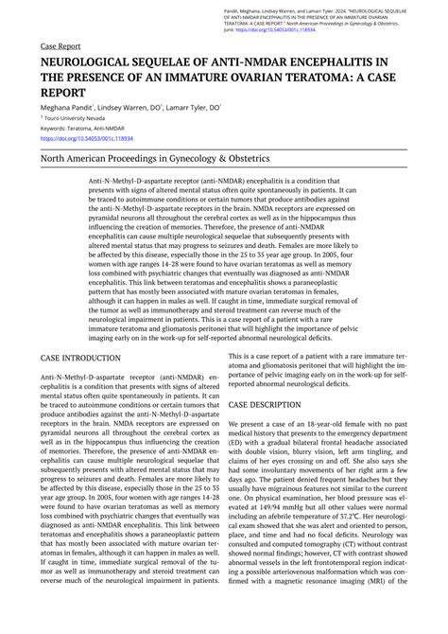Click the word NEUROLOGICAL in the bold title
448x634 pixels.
click(x=94, y=62)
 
